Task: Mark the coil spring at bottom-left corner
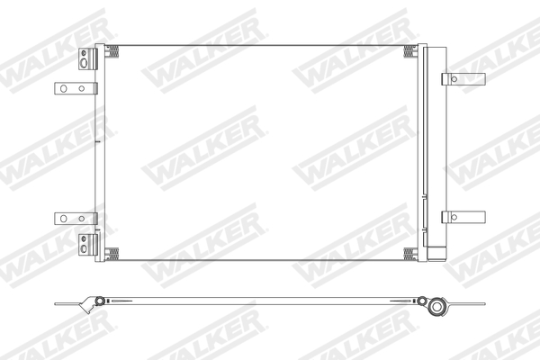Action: point(112,251)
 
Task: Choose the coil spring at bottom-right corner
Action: point(410,251)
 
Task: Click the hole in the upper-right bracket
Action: point(454,79)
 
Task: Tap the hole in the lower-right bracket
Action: point(454,216)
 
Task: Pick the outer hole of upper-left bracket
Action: point(64,88)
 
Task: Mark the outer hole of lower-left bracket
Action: point(64,218)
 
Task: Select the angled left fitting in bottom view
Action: point(90,304)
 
